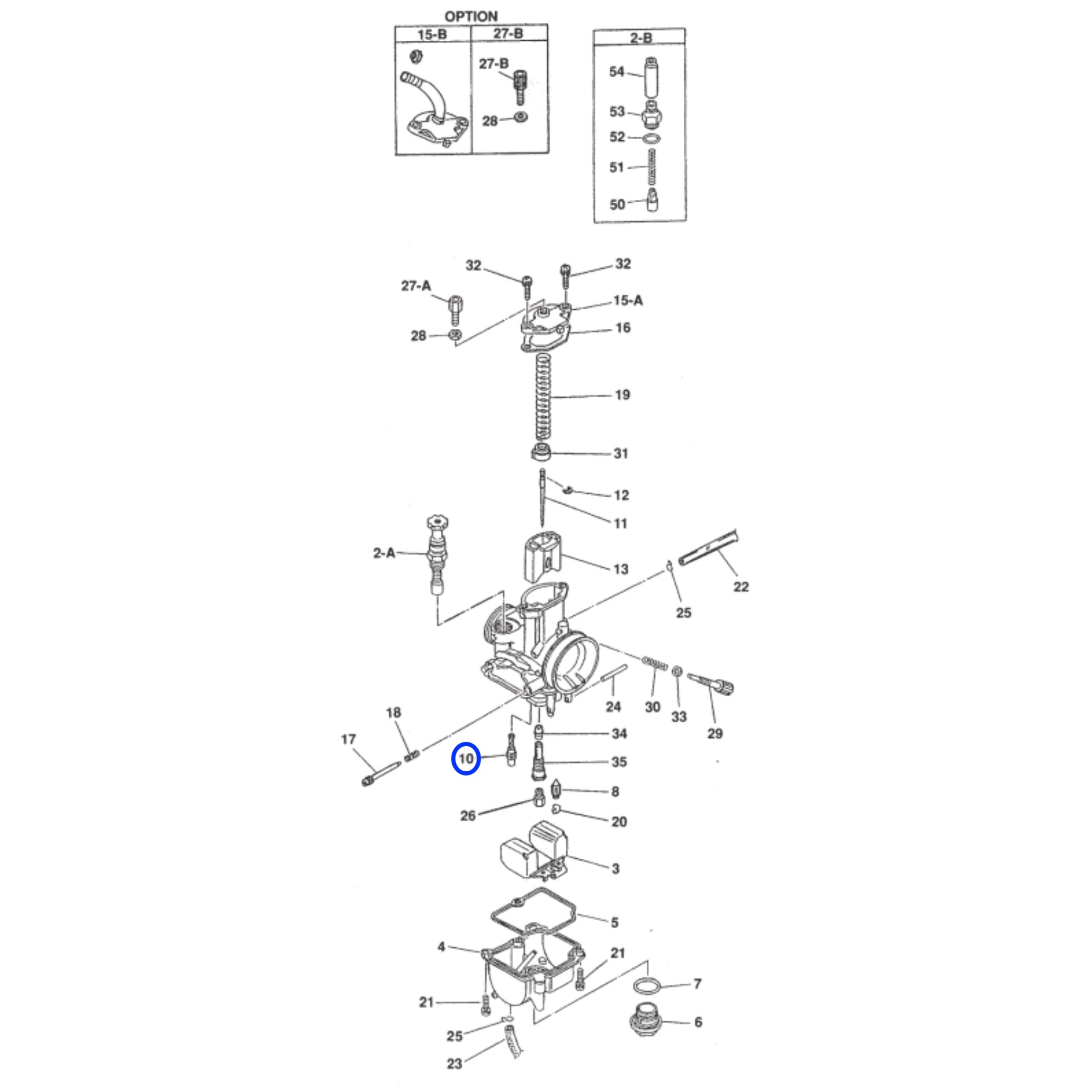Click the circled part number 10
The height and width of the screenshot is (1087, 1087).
[466, 759]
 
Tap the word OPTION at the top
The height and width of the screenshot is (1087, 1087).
[471, 16]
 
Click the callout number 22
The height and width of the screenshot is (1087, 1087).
[741, 587]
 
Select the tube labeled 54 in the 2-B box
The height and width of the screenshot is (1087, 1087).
[652, 77]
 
